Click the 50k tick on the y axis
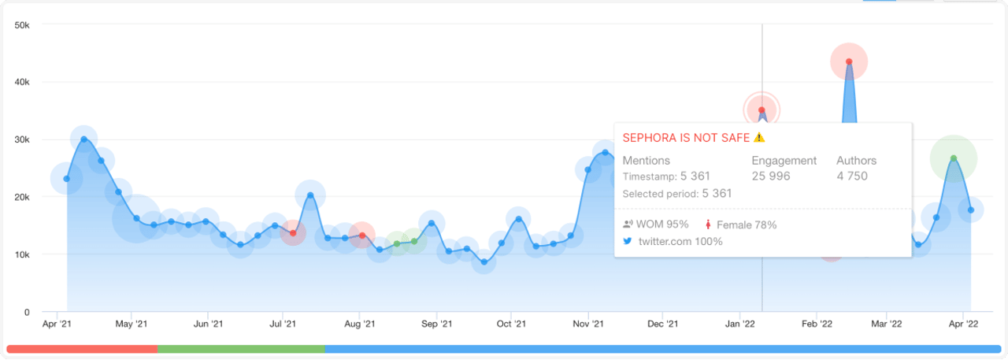pyautogui.click(x=22, y=25)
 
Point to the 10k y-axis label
pyautogui.click(x=22, y=254)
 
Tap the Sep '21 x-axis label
pyautogui.click(x=435, y=324)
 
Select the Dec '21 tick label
pyautogui.click(x=663, y=324)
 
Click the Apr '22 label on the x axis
pyautogui.click(x=963, y=324)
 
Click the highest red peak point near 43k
pyautogui.click(x=848, y=61)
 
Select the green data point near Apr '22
pyautogui.click(x=953, y=158)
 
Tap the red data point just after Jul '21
pyautogui.click(x=293, y=233)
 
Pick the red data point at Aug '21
pyautogui.click(x=361, y=236)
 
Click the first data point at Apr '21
pyautogui.click(x=67, y=179)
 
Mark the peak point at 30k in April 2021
pyautogui.click(x=83, y=139)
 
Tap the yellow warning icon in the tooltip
pyautogui.click(x=759, y=137)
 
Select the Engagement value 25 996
pyautogui.click(x=771, y=176)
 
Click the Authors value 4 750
pyautogui.click(x=852, y=176)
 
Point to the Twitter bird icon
pyautogui.click(x=628, y=242)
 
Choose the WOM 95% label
pyautogui.click(x=655, y=225)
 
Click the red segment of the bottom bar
pyautogui.click(x=82, y=348)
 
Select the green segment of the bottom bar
pyautogui.click(x=241, y=348)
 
